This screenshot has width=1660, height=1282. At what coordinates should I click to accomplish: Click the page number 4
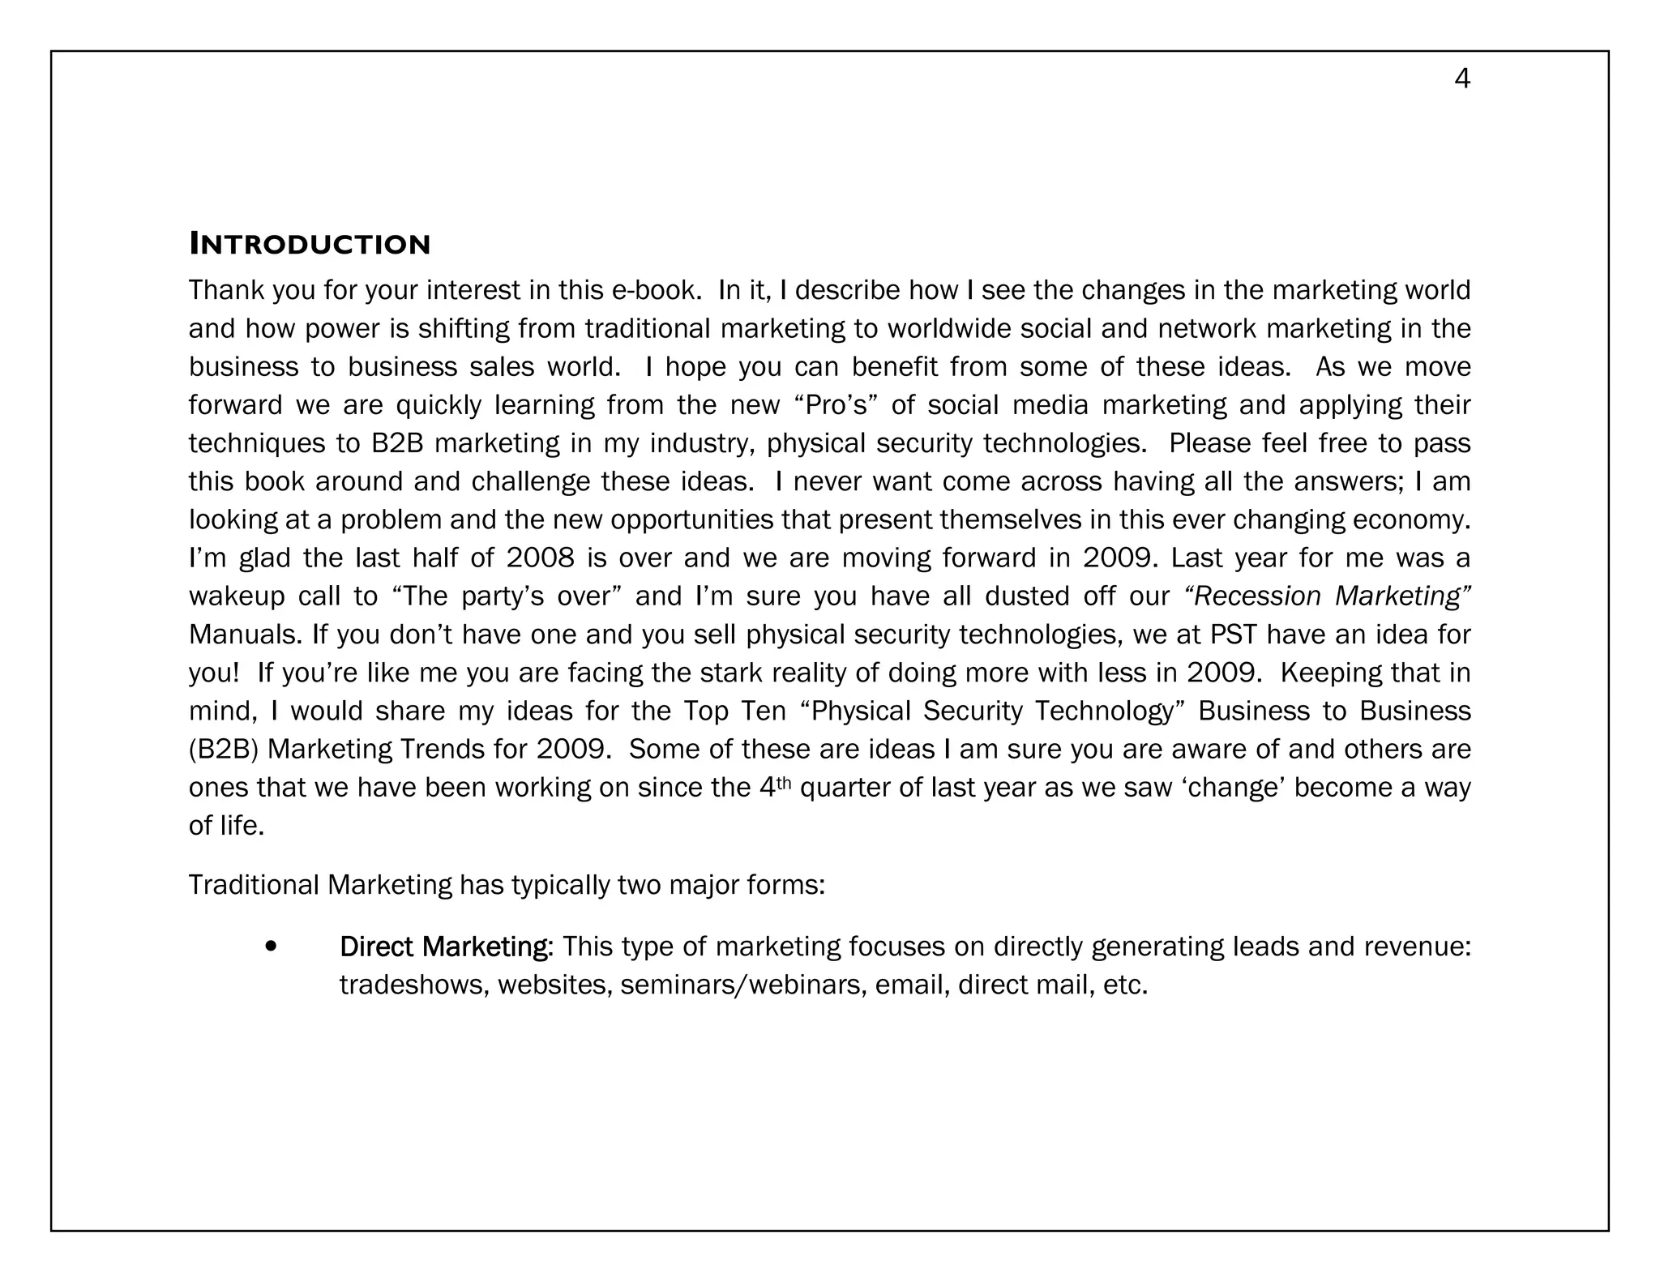tap(1462, 79)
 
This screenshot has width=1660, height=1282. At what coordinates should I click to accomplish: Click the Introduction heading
tap(310, 244)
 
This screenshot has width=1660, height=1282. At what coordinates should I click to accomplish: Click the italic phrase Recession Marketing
tap(1328, 596)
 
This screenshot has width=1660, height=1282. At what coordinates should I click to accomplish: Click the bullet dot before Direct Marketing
tap(271, 946)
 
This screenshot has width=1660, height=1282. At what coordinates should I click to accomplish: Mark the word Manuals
tap(246, 634)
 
